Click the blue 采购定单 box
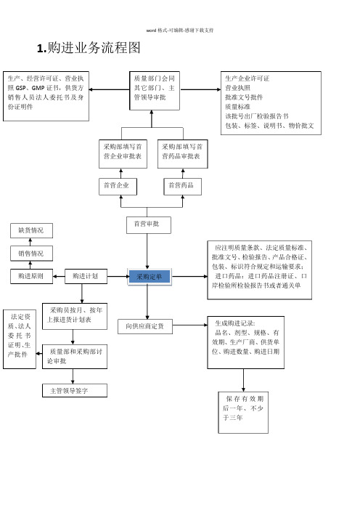click(x=149, y=277)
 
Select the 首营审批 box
click(x=149, y=225)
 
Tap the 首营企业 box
click(x=118, y=187)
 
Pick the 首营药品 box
click(x=183, y=187)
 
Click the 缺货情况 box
click(x=31, y=230)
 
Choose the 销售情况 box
click(x=31, y=254)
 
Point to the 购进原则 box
click(x=31, y=276)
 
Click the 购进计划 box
click(x=86, y=276)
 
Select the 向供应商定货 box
click(x=145, y=326)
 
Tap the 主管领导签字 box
click(x=75, y=390)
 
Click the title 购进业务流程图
click(x=89, y=48)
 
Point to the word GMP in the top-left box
click(x=38, y=88)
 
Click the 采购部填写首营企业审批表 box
click(x=123, y=154)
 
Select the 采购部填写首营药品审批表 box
click(x=183, y=154)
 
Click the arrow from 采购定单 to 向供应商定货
click(x=147, y=302)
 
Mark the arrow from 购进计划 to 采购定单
click(x=118, y=277)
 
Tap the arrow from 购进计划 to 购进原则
click(x=59, y=277)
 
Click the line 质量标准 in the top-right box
click(x=238, y=107)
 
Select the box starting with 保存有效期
click(x=243, y=413)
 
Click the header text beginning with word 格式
click(x=180, y=31)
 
